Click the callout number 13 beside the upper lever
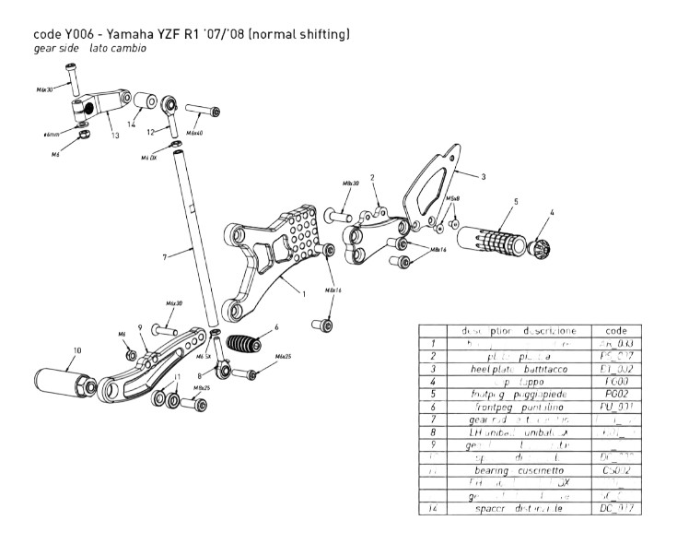(115, 136)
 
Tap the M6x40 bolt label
(197, 134)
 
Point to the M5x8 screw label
(452, 198)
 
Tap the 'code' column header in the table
(617, 330)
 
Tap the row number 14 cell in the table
(433, 508)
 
